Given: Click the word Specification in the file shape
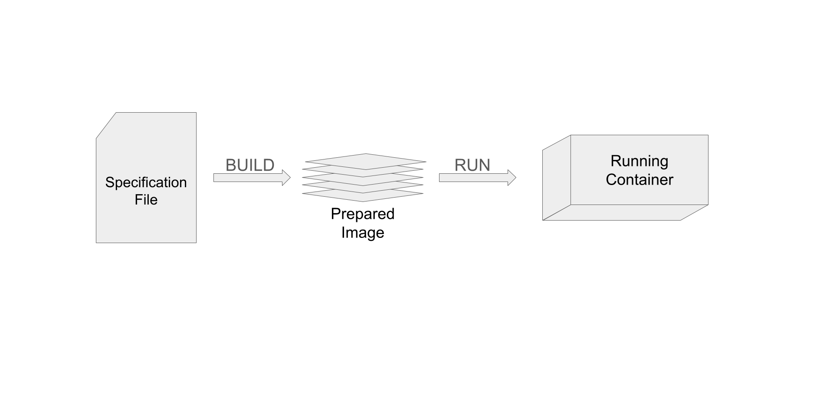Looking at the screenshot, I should (146, 182).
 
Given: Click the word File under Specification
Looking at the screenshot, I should (146, 200).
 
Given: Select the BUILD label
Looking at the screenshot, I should (250, 165).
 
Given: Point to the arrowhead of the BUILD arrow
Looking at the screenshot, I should (286, 178).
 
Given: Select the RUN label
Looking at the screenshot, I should (472, 165).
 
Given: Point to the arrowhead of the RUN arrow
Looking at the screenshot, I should (512, 178).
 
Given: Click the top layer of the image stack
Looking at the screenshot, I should (366, 160).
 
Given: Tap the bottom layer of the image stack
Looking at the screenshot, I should (363, 197).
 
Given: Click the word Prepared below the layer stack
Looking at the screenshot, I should (362, 214).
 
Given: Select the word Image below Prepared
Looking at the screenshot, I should (362, 233).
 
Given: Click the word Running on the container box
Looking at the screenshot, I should (639, 161).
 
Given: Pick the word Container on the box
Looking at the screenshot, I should (639, 180).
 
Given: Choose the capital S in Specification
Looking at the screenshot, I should (110, 182).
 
